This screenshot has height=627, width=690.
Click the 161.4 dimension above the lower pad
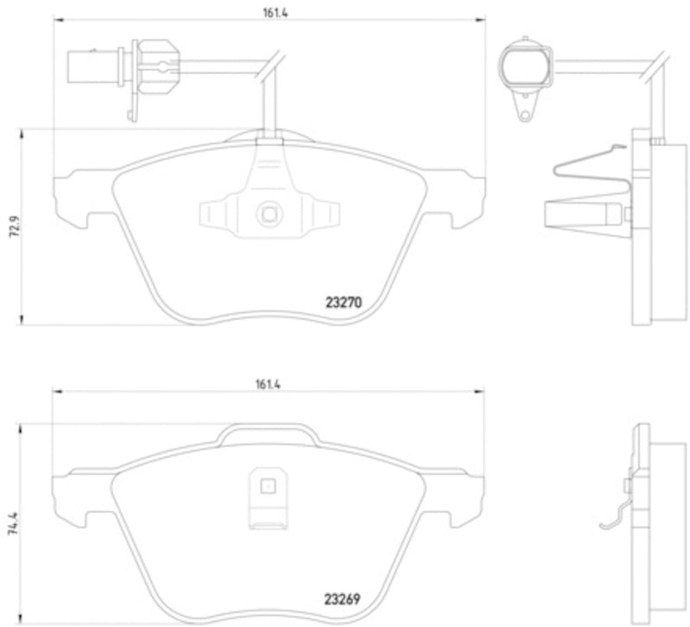click(x=268, y=385)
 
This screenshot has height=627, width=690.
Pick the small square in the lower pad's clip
click(x=268, y=486)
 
